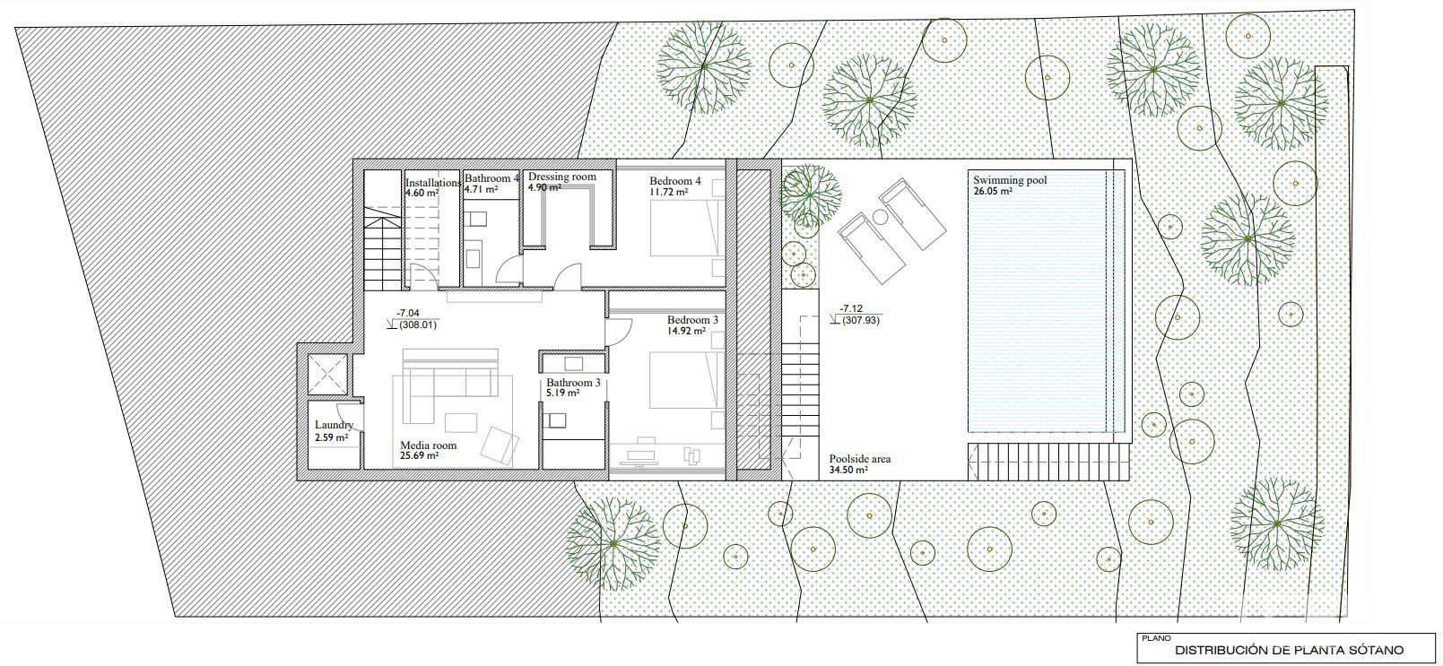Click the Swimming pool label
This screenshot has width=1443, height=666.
coord(1010,180)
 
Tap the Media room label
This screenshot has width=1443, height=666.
coord(429,445)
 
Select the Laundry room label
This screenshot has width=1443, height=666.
coord(334,425)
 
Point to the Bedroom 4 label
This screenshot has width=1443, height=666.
coord(675,181)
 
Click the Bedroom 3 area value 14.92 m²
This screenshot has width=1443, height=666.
coord(686,331)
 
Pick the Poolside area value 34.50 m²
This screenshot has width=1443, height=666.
coord(848,471)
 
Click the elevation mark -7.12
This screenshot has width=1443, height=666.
coord(851,309)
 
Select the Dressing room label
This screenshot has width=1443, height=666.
coord(562,177)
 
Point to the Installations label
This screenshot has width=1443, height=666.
coord(433,183)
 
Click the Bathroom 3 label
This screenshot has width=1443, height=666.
coord(573,383)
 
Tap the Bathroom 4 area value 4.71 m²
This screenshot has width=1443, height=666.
coord(481,189)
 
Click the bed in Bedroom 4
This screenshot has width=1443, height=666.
coord(686,228)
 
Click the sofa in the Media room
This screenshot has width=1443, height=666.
coord(450,381)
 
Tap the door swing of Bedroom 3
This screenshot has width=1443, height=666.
coord(617,332)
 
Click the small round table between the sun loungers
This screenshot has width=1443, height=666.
coord(881,217)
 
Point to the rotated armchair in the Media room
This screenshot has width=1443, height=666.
coord(499,445)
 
